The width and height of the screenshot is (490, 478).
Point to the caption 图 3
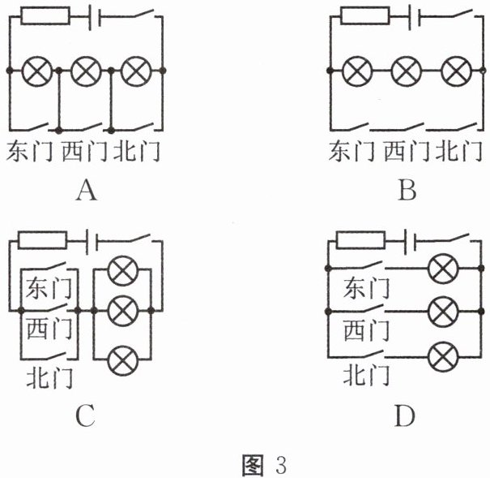coord(265,465)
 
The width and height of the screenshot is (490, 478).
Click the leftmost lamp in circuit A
coord(35,71)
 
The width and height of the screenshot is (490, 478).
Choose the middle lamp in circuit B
coord(407,71)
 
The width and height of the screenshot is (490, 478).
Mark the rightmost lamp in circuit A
coord(136,71)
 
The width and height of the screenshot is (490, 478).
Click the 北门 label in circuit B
coord(458,151)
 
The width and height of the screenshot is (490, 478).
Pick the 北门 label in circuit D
coord(366,375)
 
